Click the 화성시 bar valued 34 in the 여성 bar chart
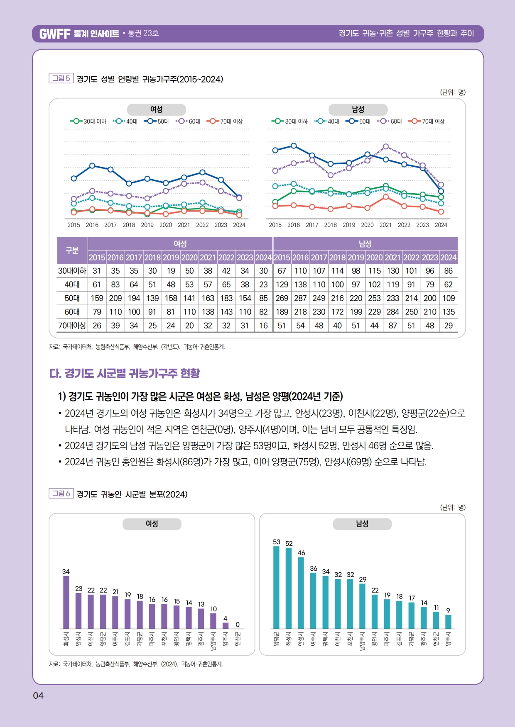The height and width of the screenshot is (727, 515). click(66, 602)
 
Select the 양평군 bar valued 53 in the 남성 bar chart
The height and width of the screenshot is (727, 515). click(277, 587)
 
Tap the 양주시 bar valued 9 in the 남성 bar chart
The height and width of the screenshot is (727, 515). click(448, 622)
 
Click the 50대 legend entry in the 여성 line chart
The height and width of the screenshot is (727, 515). click(157, 122)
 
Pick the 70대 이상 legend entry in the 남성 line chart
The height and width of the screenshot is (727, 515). click(427, 122)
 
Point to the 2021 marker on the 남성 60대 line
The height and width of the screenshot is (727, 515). click(386, 146)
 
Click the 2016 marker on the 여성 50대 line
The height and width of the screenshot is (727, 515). click(92, 165)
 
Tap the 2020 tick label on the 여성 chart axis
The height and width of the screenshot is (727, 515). click(166, 225)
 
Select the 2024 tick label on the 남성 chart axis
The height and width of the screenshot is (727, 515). click(441, 225)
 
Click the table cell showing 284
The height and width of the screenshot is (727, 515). click(393, 312)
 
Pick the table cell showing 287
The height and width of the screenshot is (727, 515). click(300, 298)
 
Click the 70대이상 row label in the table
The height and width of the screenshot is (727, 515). click(72, 326)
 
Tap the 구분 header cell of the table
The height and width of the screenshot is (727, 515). click(72, 250)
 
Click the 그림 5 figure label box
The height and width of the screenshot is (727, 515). click(61, 78)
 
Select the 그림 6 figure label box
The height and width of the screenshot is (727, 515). click(61, 494)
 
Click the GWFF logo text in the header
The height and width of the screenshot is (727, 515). click(55, 34)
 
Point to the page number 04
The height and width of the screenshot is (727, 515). click(38, 695)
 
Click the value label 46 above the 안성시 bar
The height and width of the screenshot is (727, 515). click(301, 553)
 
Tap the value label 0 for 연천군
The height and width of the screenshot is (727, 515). click(238, 624)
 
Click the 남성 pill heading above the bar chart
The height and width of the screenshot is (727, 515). click(362, 524)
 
